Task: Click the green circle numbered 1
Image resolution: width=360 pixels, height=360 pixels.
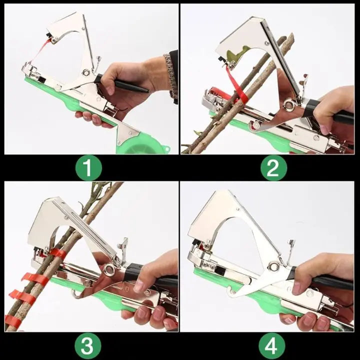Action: click(x=88, y=168)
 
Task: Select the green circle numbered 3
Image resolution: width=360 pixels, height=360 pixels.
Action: click(x=88, y=345)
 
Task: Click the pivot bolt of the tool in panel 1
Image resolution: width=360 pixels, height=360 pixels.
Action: click(x=86, y=73)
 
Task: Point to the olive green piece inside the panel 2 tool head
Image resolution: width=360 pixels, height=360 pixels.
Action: click(x=240, y=53)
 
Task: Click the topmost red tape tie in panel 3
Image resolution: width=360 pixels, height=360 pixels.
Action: click(x=57, y=253)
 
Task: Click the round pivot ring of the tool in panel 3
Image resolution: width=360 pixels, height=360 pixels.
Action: click(x=108, y=270)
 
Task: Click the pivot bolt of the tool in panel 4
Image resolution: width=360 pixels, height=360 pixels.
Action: click(x=273, y=266)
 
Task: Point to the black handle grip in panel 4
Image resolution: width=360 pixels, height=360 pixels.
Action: click(x=325, y=280)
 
